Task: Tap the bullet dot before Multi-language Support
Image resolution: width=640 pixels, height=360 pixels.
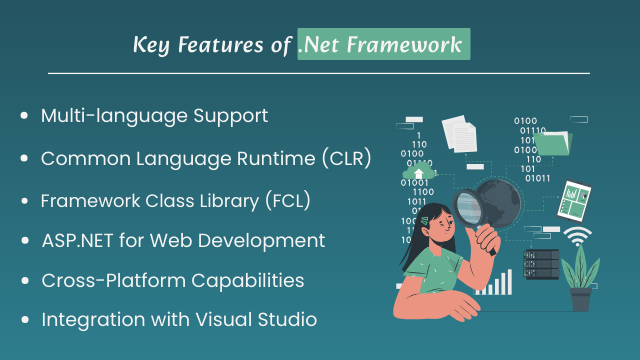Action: click(x=24, y=116)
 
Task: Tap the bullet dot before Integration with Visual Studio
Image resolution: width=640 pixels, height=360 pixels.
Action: click(x=24, y=321)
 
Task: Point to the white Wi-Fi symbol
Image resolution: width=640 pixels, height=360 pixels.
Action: click(x=577, y=237)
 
